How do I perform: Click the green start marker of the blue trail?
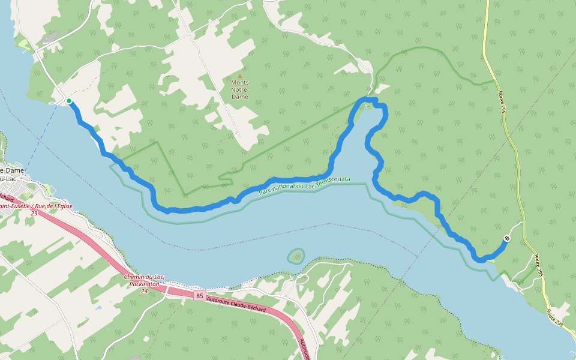pos(69,101)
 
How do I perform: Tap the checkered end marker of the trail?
pos(507,239)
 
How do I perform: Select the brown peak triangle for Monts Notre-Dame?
pos(240,76)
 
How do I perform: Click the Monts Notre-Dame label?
pos(239,89)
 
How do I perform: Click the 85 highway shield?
pos(199,295)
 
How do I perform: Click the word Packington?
pos(145,284)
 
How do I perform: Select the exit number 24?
pos(144,291)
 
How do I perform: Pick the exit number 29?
pos(34,213)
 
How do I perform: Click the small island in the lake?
pos(296,257)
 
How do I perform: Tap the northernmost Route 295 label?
pos(502,101)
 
